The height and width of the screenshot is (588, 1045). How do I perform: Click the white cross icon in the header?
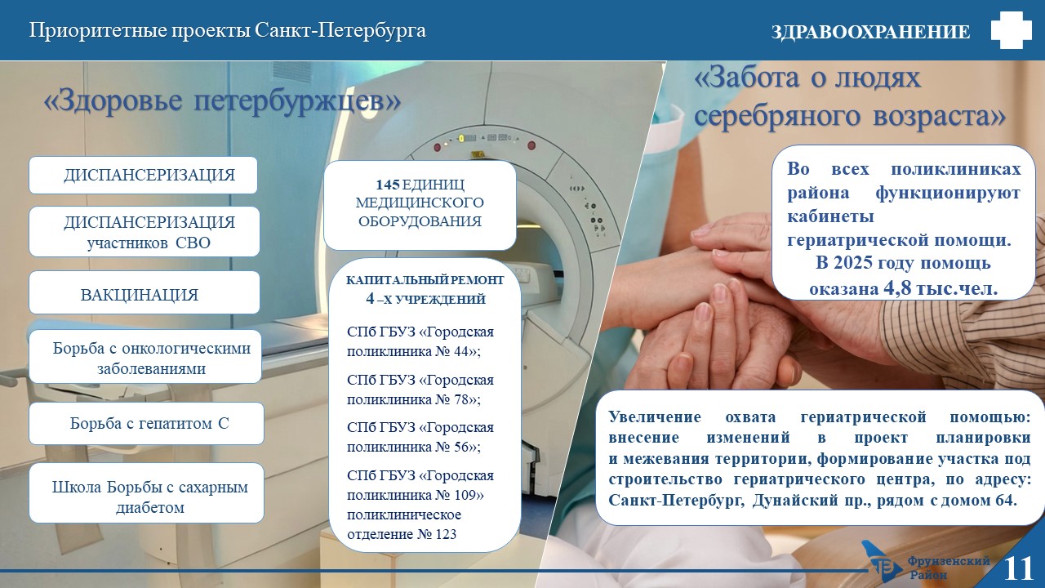tap(1011, 29)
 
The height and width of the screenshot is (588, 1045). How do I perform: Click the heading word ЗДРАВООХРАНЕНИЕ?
tap(871, 32)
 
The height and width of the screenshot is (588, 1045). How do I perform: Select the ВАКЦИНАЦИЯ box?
tap(145, 292)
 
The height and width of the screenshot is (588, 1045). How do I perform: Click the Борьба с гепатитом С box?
tap(146, 423)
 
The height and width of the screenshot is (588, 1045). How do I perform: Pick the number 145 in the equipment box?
tap(388, 185)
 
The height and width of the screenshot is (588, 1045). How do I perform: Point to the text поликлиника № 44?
tap(413, 351)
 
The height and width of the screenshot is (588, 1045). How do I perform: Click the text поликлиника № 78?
tap(413, 399)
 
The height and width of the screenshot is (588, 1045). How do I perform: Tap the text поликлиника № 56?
tap(413, 447)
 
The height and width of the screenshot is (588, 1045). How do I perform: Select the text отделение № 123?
tap(402, 534)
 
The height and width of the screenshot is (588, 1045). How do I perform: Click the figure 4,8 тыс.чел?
tap(940, 289)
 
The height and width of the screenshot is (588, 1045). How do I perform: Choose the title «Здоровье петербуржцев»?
tap(222, 100)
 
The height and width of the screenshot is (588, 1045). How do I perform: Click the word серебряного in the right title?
tap(776, 116)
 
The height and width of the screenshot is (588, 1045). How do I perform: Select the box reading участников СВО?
tap(145, 231)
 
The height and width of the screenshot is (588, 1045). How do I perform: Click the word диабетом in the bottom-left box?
tap(150, 507)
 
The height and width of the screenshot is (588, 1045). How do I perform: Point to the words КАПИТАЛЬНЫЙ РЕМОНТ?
tap(425, 280)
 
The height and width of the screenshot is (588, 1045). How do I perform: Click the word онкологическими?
tap(186, 348)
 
